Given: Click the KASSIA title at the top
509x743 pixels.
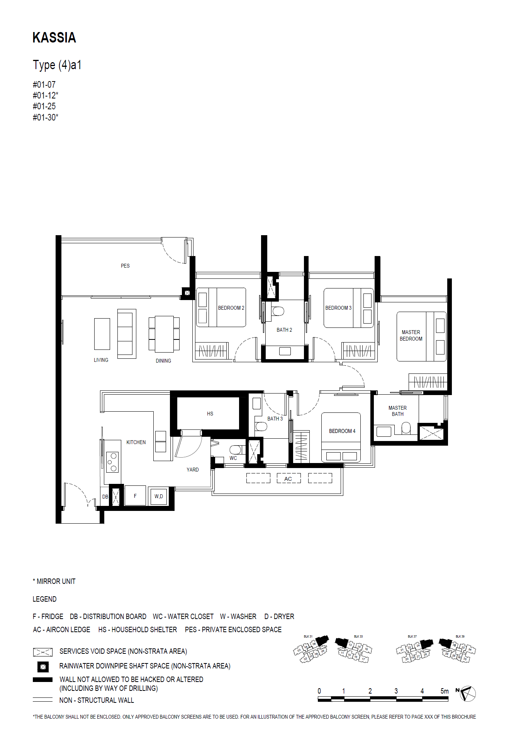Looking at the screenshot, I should click(54, 38).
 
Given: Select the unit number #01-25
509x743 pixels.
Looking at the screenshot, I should click(44, 106).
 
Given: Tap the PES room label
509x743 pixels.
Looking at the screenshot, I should click(125, 266).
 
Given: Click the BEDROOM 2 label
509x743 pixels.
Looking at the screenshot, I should click(231, 308).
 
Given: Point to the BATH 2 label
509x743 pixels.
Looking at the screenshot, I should click(284, 330).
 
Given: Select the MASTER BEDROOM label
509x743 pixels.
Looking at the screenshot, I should click(411, 335).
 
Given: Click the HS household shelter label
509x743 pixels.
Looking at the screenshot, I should click(210, 414).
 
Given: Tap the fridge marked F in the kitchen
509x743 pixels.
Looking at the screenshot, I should click(135, 496).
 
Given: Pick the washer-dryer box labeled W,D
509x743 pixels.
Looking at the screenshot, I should click(159, 496).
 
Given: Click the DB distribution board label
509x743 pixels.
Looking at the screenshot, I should click(105, 497).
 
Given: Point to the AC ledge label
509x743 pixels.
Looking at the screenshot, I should click(288, 479).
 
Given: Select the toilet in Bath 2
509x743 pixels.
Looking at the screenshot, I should click(278, 311).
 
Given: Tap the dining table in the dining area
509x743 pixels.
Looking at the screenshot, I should click(164, 334).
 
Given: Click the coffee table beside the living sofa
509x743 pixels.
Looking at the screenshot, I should click(102, 334).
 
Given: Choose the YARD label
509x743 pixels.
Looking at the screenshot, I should click(193, 470).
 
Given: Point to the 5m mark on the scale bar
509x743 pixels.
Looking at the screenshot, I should click(445, 691).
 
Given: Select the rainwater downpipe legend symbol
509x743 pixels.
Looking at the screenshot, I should click(43, 667).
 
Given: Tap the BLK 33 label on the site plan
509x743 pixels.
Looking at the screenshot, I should click(358, 636).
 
